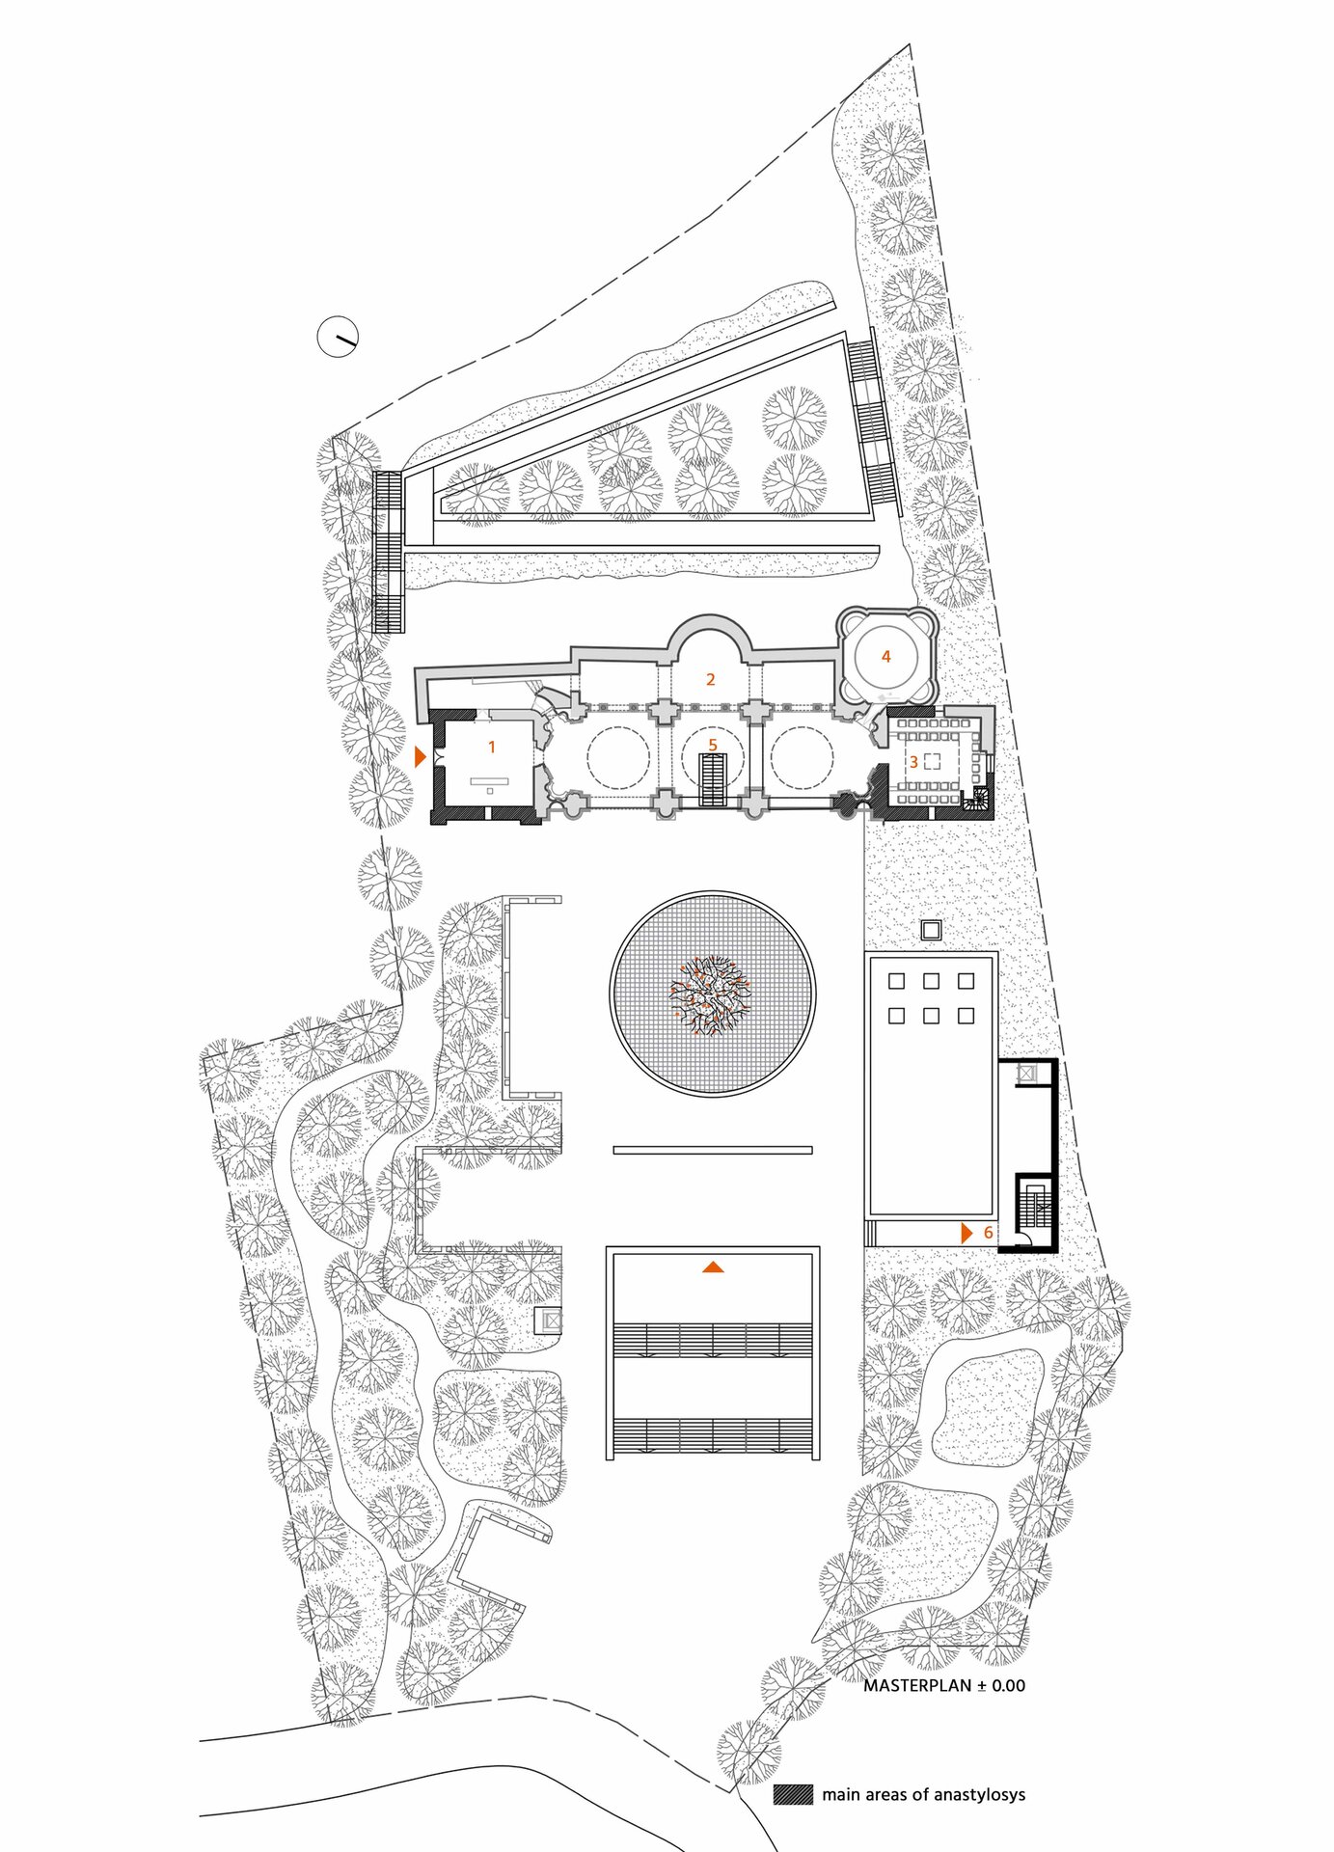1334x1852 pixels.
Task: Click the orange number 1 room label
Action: coord(492,747)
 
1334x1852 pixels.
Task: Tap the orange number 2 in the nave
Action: coord(711,680)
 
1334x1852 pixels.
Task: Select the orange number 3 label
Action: coord(913,762)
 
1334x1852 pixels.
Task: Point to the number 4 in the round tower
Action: coord(885,656)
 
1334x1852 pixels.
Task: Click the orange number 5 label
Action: coord(713,745)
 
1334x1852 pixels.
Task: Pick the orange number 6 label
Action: coord(988,1232)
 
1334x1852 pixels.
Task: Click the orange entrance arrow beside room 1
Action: coord(420,757)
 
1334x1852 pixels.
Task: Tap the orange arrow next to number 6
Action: coord(966,1232)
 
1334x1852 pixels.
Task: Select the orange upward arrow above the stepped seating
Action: coord(713,1266)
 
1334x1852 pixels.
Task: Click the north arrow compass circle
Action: coord(338,337)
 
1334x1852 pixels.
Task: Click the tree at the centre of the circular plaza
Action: coord(712,995)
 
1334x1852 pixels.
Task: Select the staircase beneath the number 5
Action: coord(712,780)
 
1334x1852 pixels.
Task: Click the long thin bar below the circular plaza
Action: coord(713,1150)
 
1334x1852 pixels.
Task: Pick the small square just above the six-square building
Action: coord(931,930)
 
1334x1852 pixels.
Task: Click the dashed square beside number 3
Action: coord(932,761)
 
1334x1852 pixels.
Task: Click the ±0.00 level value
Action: coord(1002,1685)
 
